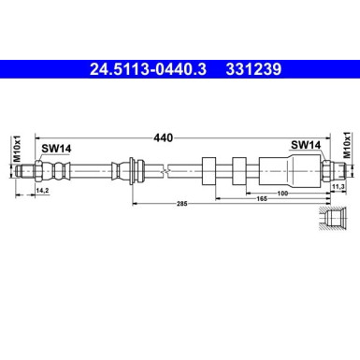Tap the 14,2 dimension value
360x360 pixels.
coord(41,191)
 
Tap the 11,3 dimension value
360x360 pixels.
coord(339,187)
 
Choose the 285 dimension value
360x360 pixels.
coord(182,203)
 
